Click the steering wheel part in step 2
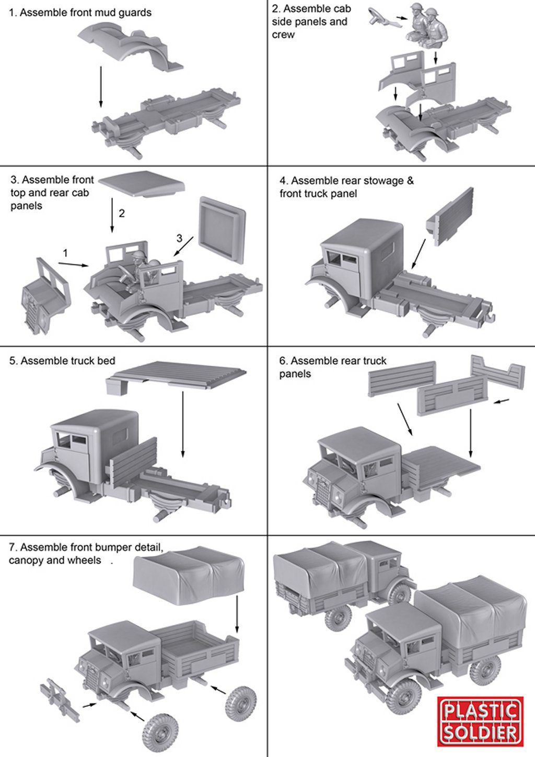click(381, 17)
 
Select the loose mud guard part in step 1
click(131, 49)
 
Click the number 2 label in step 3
click(122, 213)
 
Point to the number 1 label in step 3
click(65, 253)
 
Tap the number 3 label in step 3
click(179, 238)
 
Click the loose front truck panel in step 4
click(449, 217)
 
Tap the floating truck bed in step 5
click(176, 377)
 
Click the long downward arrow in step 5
click(183, 424)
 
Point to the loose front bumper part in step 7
click(60, 697)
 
